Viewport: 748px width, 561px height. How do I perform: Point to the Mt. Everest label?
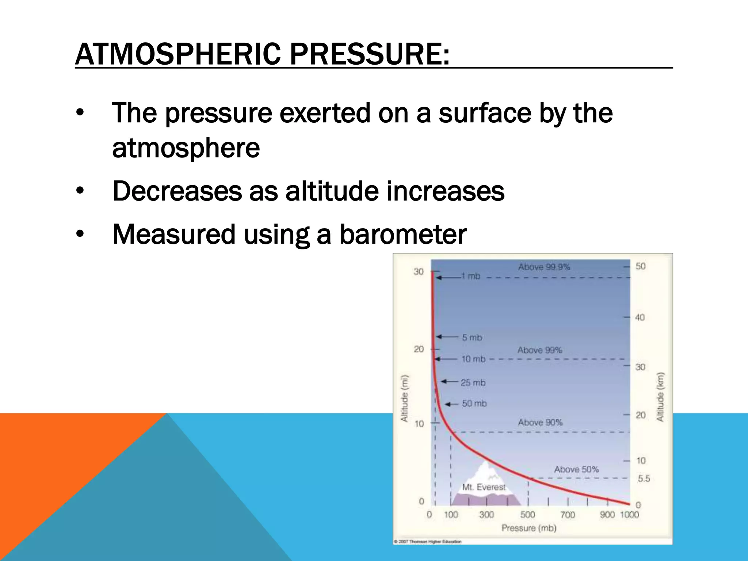click(x=484, y=487)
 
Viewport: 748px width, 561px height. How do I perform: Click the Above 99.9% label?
click(x=544, y=267)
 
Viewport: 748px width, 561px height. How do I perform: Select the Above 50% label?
click(x=576, y=469)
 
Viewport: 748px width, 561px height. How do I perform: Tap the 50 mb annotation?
click(x=474, y=404)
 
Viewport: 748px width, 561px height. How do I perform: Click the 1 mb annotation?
click(x=470, y=276)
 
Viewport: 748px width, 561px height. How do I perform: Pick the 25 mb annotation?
click(x=473, y=383)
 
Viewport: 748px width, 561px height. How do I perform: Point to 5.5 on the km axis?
click(x=644, y=478)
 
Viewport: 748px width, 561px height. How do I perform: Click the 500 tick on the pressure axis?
click(x=527, y=515)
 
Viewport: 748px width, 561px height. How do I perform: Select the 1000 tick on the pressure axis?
click(x=629, y=515)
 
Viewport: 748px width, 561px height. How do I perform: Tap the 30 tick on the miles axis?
click(x=419, y=272)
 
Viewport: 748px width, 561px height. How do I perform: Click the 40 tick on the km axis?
click(x=640, y=317)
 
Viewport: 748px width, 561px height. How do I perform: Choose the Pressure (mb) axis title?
click(x=528, y=528)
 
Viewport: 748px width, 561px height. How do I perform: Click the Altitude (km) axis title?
click(x=660, y=397)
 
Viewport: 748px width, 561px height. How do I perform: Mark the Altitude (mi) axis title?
click(x=404, y=398)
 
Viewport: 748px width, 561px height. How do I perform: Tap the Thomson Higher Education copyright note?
click(x=428, y=542)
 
